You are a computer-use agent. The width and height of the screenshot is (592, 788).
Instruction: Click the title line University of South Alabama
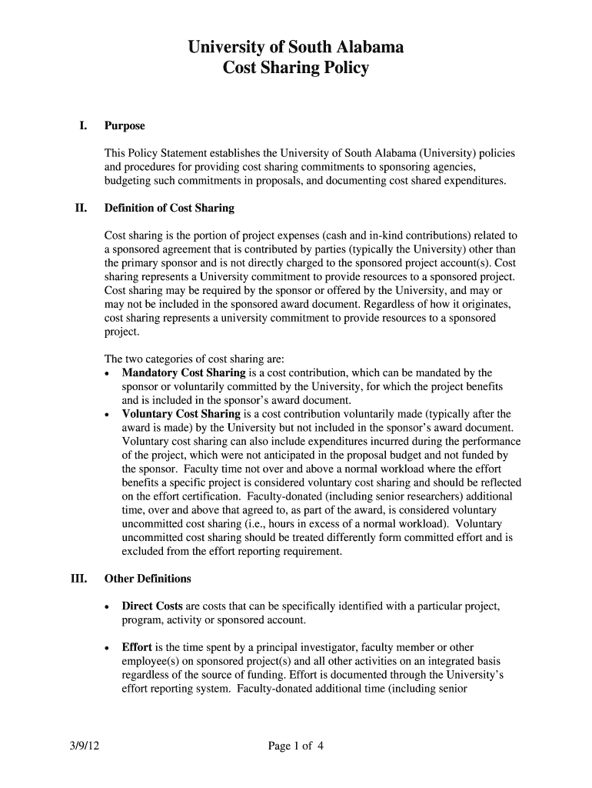pos(296,48)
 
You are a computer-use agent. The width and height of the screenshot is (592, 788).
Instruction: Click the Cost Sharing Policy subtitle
pos(296,68)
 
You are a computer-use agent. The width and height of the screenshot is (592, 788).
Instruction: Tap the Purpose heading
pos(125,125)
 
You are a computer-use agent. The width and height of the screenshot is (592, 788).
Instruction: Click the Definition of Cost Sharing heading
pos(169,208)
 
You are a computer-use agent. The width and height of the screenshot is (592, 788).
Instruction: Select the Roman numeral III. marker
pos(81,578)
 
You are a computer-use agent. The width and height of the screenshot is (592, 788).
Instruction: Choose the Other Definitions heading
pos(148,578)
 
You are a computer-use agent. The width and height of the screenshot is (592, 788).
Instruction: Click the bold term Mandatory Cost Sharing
pos(184,372)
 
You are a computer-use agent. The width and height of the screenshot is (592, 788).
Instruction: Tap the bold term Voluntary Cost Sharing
pos(181,414)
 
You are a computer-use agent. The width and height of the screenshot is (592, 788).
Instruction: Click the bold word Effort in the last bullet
pos(137,648)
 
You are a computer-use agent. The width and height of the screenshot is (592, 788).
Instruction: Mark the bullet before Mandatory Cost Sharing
pos(107,373)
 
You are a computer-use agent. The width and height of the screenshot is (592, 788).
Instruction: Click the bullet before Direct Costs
pos(107,607)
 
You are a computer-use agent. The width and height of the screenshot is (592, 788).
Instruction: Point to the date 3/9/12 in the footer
pos(81,745)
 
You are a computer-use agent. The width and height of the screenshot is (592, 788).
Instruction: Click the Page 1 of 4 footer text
pos(296,745)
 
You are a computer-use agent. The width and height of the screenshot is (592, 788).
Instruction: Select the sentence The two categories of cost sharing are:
pos(195,359)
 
